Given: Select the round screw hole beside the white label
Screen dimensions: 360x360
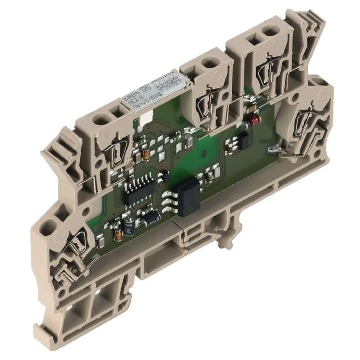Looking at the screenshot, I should [209, 63].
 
